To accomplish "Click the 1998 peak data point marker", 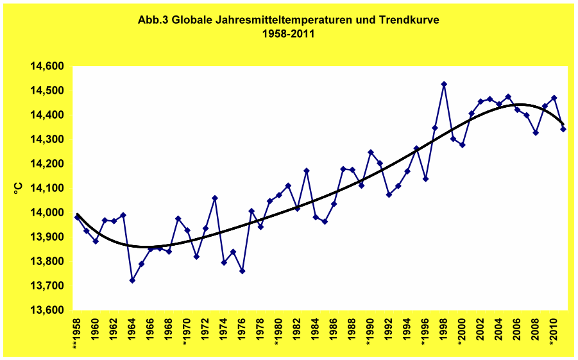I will (x=444, y=84).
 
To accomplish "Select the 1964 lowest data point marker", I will (x=132, y=280).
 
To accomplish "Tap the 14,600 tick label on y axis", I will (x=47, y=66).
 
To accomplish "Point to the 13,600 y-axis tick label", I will (x=47, y=310).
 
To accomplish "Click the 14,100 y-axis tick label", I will (x=47, y=188).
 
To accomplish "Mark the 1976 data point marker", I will (x=242, y=271).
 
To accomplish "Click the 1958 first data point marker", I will (x=77, y=217).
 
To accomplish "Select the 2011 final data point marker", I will (x=563, y=129).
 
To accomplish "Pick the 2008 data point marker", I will (x=536, y=132).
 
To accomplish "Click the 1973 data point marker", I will (x=215, y=198).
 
